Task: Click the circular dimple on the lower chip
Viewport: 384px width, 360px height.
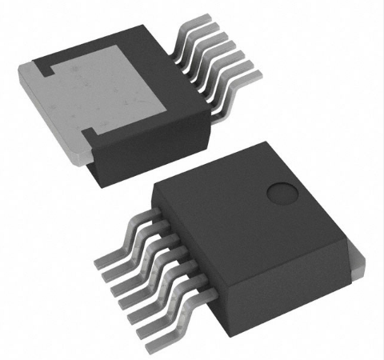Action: point(282,193)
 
